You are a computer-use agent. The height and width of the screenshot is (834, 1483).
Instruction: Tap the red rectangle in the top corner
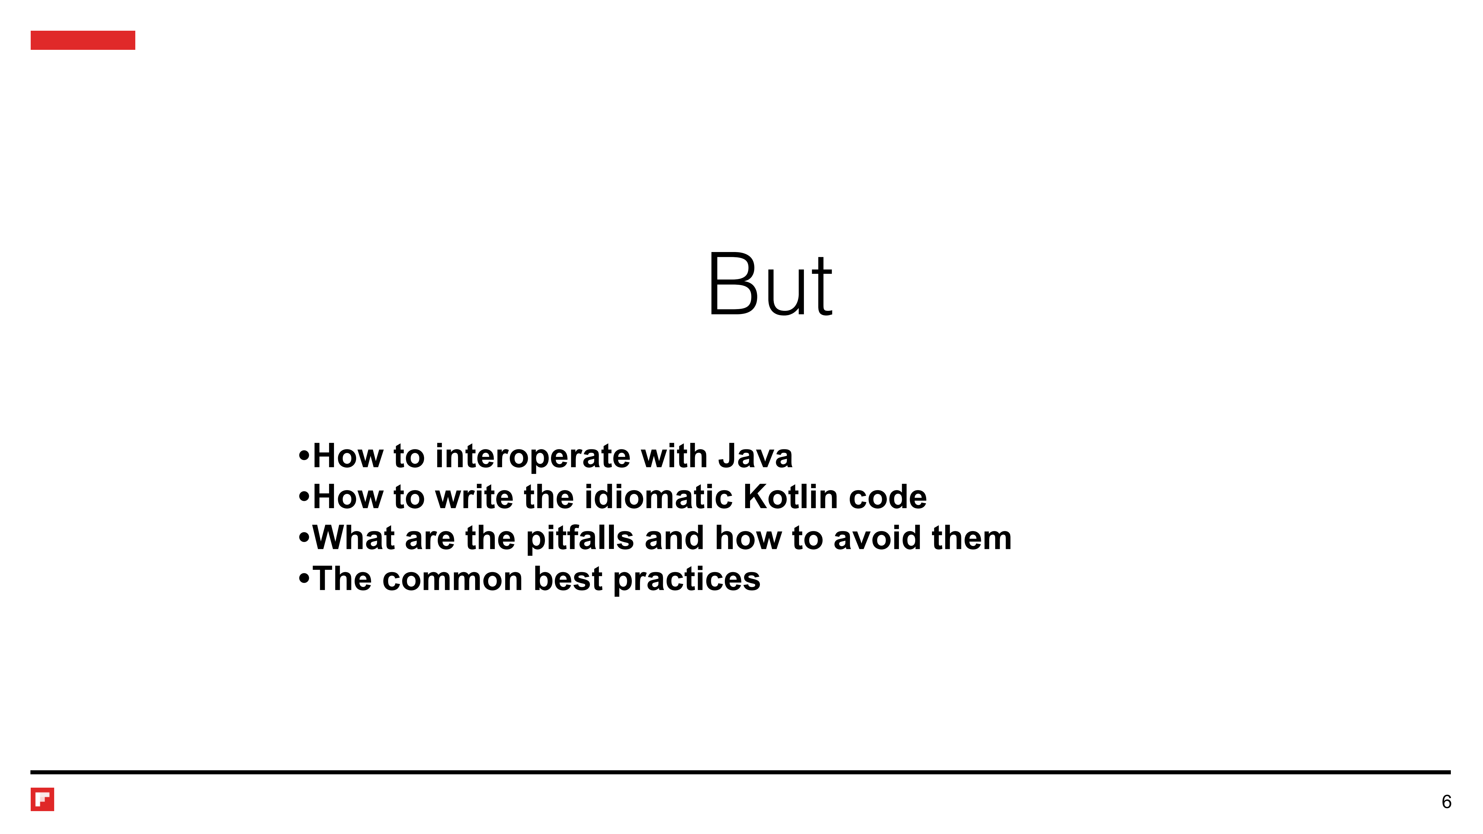pyautogui.click(x=83, y=40)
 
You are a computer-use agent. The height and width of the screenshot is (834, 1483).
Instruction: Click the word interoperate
pyautogui.click(x=532, y=457)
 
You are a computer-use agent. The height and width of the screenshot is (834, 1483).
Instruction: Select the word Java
pyautogui.click(x=755, y=457)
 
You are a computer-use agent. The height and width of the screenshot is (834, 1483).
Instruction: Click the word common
pyautogui.click(x=453, y=580)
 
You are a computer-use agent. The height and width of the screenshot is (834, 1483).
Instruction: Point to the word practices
pyautogui.click(x=687, y=580)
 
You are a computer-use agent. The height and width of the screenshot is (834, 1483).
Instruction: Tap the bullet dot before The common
pyautogui.click(x=304, y=578)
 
